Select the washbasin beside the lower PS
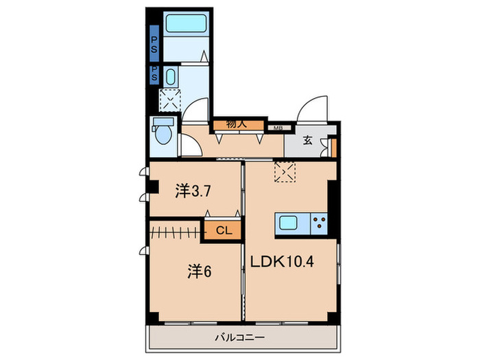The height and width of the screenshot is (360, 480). (x=171, y=76)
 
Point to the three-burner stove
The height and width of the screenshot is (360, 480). (x=319, y=223)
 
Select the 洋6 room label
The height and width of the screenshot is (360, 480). (x=199, y=272)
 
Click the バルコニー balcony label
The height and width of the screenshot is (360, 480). (x=240, y=337)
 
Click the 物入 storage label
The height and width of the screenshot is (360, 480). (x=237, y=125)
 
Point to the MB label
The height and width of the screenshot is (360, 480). (x=278, y=128)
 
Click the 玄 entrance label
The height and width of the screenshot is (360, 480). (x=308, y=142)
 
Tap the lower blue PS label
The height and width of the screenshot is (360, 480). (x=154, y=74)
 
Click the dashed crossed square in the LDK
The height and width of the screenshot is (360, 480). (x=284, y=171)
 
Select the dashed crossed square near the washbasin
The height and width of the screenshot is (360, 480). (x=168, y=101)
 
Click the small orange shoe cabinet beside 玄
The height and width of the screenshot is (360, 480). (x=333, y=148)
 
